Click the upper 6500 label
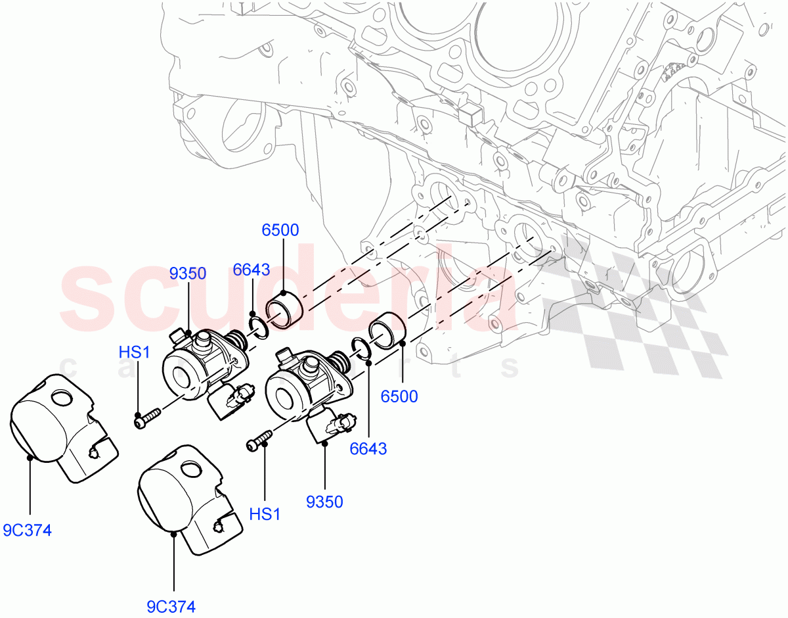[x=280, y=230]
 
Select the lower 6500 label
[x=399, y=396]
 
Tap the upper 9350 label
[x=188, y=273]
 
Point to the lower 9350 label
[x=324, y=502]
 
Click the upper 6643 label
[x=252, y=270]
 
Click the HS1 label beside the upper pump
[x=135, y=352]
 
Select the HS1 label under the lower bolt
[x=265, y=514]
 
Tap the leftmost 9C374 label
[x=27, y=530]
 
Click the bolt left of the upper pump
[x=148, y=419]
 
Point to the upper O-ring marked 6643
[x=259, y=327]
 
